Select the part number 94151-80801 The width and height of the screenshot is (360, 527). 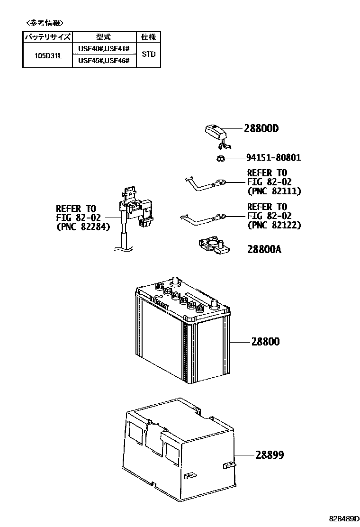273,158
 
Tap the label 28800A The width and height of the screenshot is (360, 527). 264,249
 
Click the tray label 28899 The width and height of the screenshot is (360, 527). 270,455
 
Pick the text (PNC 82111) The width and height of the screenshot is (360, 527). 274,191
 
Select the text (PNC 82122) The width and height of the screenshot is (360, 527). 274,225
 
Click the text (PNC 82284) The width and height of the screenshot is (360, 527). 83,227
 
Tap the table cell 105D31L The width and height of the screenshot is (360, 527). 47,55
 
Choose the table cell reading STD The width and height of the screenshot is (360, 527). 148,54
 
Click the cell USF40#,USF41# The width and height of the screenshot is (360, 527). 104,49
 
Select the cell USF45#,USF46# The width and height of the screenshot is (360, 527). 104,61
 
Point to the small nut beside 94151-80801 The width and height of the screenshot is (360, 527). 220,158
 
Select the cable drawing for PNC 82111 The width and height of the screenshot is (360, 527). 204,183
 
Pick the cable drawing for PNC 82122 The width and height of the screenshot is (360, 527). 201,219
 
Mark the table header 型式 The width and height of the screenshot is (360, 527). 104,37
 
